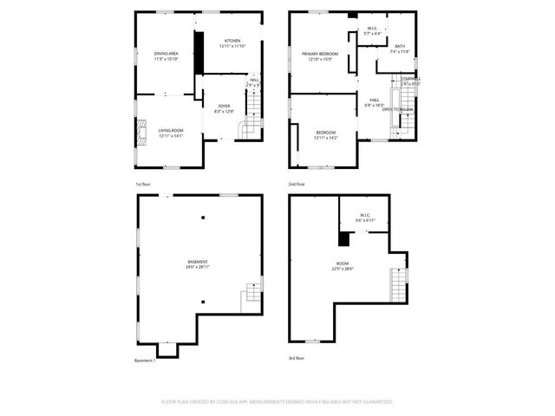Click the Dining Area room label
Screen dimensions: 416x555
(x=166, y=54)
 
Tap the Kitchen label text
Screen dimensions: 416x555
(x=232, y=41)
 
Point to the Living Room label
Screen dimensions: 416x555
(x=170, y=130)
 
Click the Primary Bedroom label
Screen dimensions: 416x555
(x=319, y=54)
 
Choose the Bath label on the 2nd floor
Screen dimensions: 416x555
(x=399, y=46)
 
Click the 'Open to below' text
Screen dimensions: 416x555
(x=398, y=109)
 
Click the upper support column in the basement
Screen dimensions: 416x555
(x=203, y=217)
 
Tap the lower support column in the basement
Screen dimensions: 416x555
(x=203, y=302)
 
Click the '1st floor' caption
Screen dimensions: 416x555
(x=144, y=185)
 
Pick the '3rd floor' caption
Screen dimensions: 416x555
(x=297, y=357)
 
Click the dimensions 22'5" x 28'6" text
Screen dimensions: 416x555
(x=342, y=269)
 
